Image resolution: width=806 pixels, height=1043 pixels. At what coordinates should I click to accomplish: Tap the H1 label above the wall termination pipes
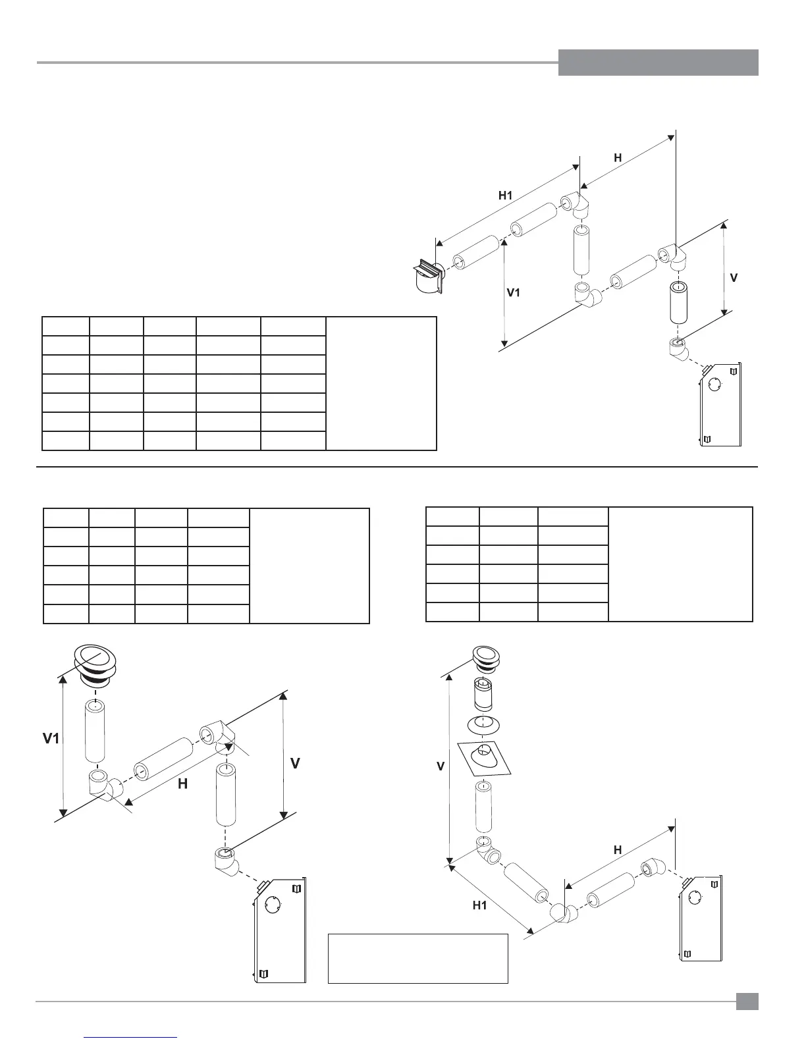(505, 195)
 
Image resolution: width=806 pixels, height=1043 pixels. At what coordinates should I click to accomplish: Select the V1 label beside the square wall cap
(514, 292)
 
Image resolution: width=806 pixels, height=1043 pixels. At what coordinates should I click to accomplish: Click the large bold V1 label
(47, 739)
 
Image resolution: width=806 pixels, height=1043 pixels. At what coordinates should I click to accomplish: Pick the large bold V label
(296, 763)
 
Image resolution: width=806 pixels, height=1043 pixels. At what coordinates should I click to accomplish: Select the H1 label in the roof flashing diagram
(480, 905)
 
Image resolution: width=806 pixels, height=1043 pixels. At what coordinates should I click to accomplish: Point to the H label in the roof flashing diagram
(618, 849)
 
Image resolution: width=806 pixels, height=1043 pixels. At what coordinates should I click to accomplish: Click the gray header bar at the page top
(658, 63)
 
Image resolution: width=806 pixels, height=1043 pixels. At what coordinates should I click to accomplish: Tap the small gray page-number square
(747, 1002)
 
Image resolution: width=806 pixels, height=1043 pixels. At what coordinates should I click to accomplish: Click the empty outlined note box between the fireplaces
(417, 957)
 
